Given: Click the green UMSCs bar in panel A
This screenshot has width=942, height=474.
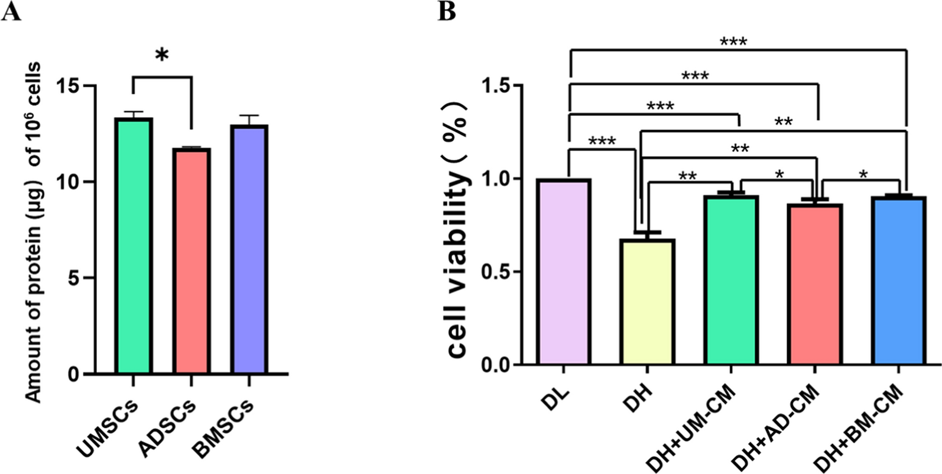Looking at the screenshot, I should (x=134, y=245).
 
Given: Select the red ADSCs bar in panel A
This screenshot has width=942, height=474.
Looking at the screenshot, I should (x=191, y=261).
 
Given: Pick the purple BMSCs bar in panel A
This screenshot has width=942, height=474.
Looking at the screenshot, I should (x=249, y=249).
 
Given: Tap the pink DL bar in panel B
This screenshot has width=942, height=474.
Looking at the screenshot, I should (x=564, y=272).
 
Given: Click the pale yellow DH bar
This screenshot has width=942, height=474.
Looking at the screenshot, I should (x=648, y=302).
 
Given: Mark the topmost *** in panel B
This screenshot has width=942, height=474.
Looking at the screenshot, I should (x=733, y=42).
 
